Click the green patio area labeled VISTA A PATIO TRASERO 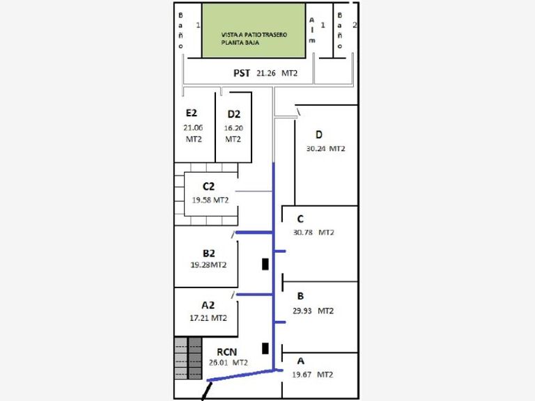[254, 31]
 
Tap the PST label [242, 72]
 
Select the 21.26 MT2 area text [277, 72]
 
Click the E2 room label [192, 113]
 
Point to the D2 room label [233, 114]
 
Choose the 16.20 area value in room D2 [233, 128]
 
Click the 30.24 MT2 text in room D [325, 148]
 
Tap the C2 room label [209, 186]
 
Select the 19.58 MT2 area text [210, 200]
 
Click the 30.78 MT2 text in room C [314, 233]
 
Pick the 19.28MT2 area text [208, 265]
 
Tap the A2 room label [208, 305]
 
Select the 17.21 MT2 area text [208, 317]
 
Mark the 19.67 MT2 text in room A [313, 375]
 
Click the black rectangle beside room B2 [265, 264]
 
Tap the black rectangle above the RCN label [265, 348]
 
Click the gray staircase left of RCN [187, 358]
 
